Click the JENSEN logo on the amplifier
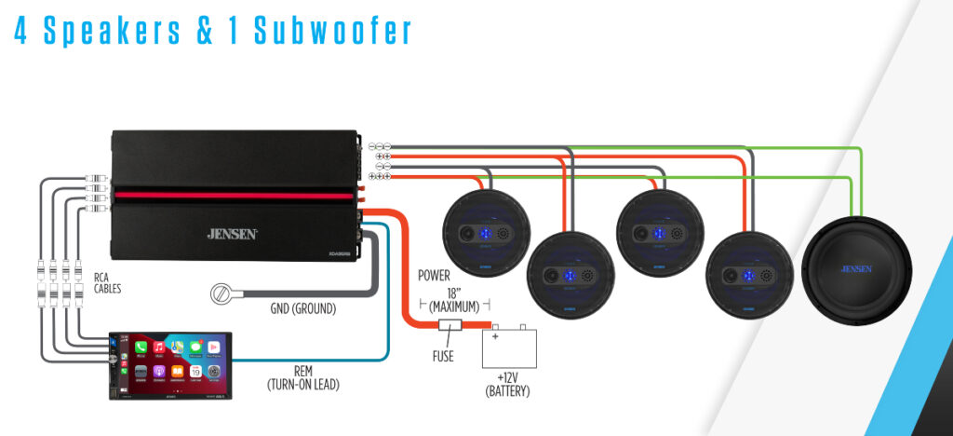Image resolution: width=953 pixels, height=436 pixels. pos(232,234)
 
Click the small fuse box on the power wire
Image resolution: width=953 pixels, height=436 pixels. pos(450,326)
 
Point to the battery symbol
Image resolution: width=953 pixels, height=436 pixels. pos(509,348)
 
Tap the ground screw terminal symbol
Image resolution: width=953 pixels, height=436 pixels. pos(222,295)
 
